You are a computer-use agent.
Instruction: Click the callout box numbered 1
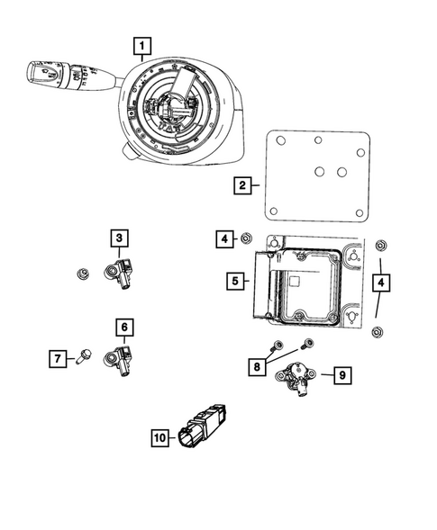click(143, 43)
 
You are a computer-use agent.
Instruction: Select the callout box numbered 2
click(241, 186)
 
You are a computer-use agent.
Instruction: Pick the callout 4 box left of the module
click(223, 238)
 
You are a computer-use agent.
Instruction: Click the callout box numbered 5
click(233, 282)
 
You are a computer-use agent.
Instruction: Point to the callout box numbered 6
click(123, 327)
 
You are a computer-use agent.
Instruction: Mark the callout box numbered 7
click(56, 359)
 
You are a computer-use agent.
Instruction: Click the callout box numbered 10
click(161, 437)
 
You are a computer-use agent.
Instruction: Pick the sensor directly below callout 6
click(121, 357)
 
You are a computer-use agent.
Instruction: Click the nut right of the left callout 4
click(244, 238)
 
